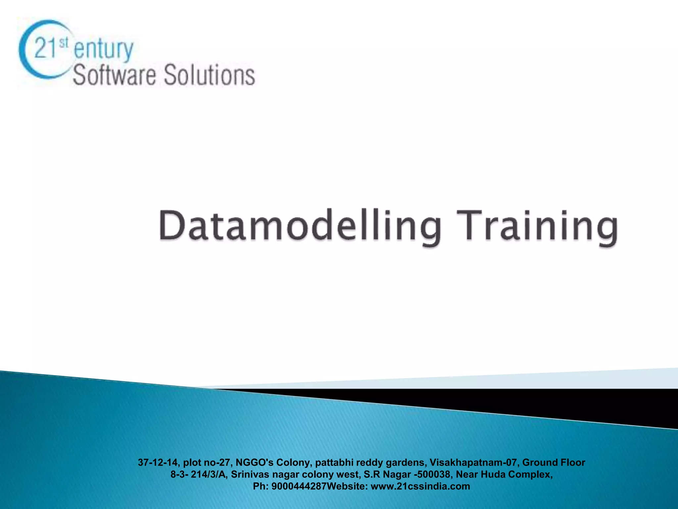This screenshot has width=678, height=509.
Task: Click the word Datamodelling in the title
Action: [300, 226]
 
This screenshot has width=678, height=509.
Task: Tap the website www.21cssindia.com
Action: [420, 486]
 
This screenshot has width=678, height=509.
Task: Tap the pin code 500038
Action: [434, 474]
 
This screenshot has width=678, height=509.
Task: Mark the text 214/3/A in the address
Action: [209, 474]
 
